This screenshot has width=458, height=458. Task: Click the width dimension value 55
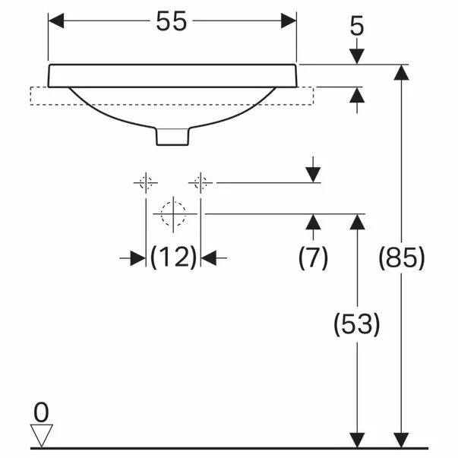coord(172,21)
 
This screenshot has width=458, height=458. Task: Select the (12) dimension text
coord(173,258)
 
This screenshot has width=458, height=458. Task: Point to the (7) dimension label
coord(312,258)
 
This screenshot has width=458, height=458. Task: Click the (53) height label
coord(357,325)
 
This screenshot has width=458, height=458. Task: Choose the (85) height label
coord(401,258)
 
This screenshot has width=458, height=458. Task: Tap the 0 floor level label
coord(41,412)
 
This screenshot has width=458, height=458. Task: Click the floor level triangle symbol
coord(41,435)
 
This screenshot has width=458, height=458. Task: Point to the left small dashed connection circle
coord(145,182)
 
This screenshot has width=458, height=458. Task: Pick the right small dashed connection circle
coord(202,182)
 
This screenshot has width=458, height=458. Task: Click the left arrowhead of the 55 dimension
coord(55,21)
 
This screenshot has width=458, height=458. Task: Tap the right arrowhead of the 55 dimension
coord(289,21)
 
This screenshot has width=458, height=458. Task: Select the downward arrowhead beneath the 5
coord(357,56)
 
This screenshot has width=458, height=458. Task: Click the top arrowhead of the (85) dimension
coord(401,72)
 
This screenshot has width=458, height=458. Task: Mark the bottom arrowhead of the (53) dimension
coord(357,440)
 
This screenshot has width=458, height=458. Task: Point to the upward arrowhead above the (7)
coord(312,222)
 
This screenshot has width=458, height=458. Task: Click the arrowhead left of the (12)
coord(137,258)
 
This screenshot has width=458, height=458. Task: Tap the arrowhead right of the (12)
coord(210,258)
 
